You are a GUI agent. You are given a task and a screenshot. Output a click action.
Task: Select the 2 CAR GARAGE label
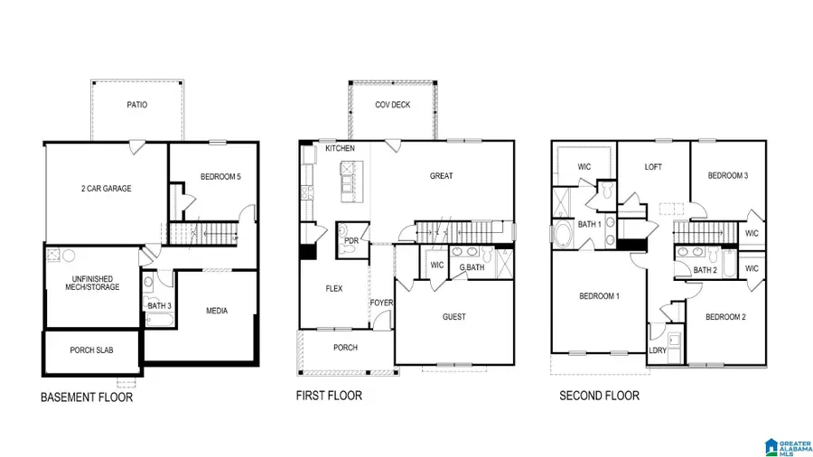[106, 189]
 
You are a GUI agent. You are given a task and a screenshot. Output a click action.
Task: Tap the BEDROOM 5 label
[220, 177]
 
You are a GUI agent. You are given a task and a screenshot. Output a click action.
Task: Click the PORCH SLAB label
[91, 350]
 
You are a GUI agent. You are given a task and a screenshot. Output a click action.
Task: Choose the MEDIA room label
[217, 311]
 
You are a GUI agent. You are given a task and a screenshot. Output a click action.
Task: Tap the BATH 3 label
[159, 305]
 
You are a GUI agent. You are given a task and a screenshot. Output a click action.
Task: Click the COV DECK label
[393, 105]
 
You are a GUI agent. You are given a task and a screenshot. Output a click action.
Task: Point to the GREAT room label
[441, 176]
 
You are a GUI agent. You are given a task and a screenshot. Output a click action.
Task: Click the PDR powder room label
[350, 241]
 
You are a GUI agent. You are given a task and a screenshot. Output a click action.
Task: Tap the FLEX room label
[333, 289]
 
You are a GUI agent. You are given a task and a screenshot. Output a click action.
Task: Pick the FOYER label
[381, 303]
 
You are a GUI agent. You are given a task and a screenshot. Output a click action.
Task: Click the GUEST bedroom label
[454, 317]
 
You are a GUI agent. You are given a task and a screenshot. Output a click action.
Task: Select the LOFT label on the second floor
[654, 167]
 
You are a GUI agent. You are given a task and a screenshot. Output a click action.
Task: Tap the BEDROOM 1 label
[599, 296]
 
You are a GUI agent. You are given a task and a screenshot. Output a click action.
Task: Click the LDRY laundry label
[658, 350]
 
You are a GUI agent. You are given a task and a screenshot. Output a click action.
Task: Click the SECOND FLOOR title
[599, 396]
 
